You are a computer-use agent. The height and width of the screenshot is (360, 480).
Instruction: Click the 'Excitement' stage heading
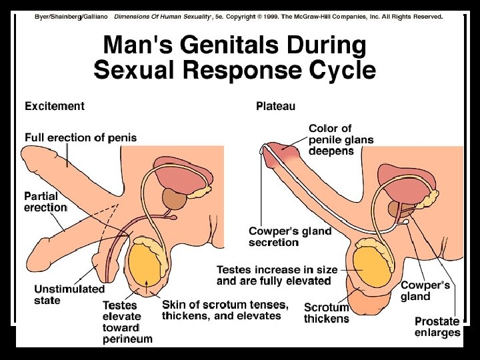[55, 106]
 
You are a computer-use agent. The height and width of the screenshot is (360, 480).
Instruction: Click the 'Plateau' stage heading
[275, 106]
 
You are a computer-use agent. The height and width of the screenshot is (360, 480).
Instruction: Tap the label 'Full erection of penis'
[81, 138]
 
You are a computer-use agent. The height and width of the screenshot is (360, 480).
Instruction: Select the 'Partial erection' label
[45, 202]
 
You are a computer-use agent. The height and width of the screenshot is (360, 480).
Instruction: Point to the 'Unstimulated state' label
[69, 295]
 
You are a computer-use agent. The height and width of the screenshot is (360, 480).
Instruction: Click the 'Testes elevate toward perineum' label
[127, 322]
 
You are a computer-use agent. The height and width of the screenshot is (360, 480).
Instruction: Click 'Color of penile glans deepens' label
[341, 139]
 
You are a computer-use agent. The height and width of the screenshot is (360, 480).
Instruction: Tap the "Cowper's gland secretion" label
[289, 237]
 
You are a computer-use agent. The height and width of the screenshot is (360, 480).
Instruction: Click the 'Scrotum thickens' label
[326, 313]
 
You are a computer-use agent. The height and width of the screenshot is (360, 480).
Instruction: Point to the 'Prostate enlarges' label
[437, 327]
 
